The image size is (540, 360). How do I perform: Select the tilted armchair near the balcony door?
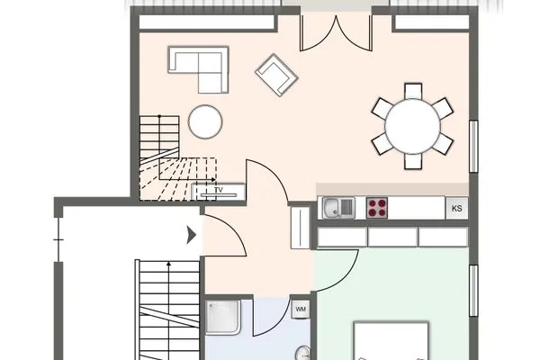[276, 74]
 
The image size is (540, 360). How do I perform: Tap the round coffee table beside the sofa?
[206, 121]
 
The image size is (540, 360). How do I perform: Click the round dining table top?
[412, 126]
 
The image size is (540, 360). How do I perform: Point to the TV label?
[218, 191]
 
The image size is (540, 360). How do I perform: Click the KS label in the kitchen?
[457, 209]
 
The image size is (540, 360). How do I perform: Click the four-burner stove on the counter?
[377, 208]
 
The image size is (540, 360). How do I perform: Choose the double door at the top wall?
[336, 32]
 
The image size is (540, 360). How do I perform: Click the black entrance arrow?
[191, 236]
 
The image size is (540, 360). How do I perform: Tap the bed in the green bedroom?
[390, 342]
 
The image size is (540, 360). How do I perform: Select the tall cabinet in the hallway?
[300, 228]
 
